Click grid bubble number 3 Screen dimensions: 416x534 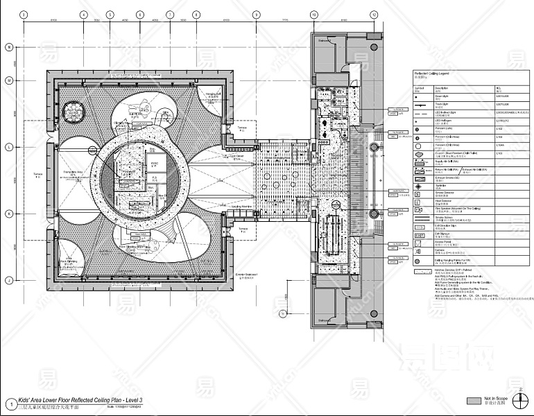click(24, 14)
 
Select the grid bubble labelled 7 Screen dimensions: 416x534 click(169, 14)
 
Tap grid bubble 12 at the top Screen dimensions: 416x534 click(374, 14)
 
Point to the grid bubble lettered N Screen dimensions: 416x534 click(10, 47)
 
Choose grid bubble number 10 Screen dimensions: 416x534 click(313, 14)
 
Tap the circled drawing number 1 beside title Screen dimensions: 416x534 click(10, 404)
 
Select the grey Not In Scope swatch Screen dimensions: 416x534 click(474, 401)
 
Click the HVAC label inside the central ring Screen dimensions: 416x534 click(154, 162)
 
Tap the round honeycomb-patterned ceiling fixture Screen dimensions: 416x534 click(72, 110)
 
